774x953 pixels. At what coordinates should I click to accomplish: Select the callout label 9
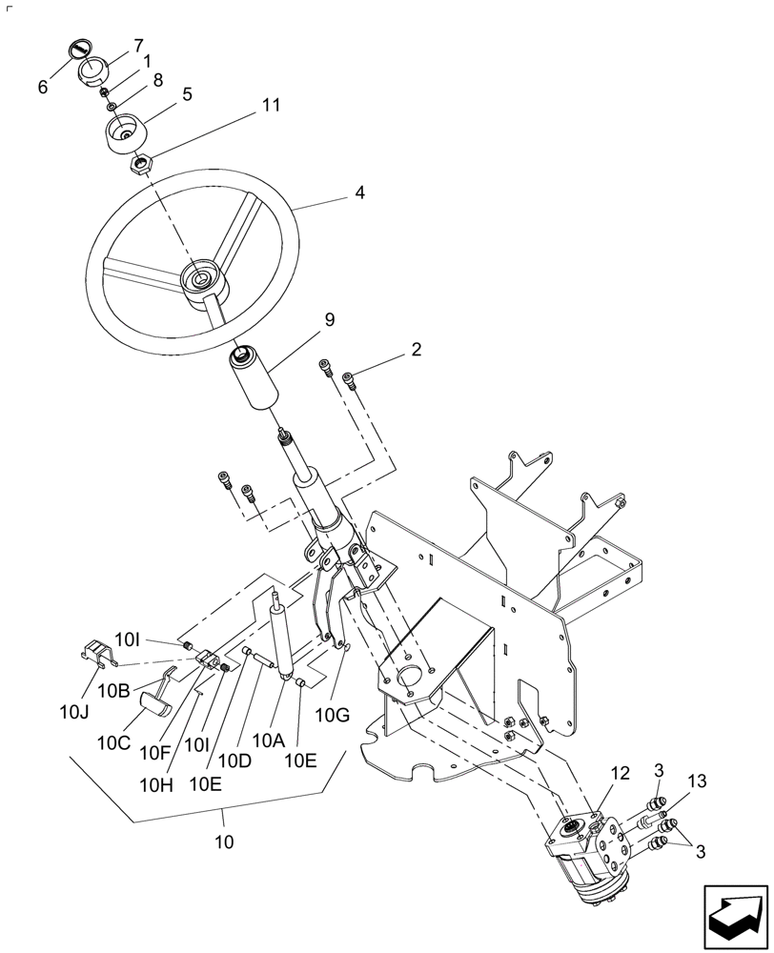[x=329, y=321]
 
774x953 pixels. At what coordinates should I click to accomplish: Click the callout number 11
[x=272, y=105]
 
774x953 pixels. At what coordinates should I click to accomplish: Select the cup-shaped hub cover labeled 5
[x=125, y=133]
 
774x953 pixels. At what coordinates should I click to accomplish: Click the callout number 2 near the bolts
[x=416, y=350]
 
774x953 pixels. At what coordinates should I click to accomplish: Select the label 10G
[x=340, y=713]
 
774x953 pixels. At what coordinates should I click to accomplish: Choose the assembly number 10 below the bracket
[x=223, y=842]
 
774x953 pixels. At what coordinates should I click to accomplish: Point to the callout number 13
[x=697, y=782]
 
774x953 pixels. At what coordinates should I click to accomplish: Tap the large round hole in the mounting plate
[x=410, y=679]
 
